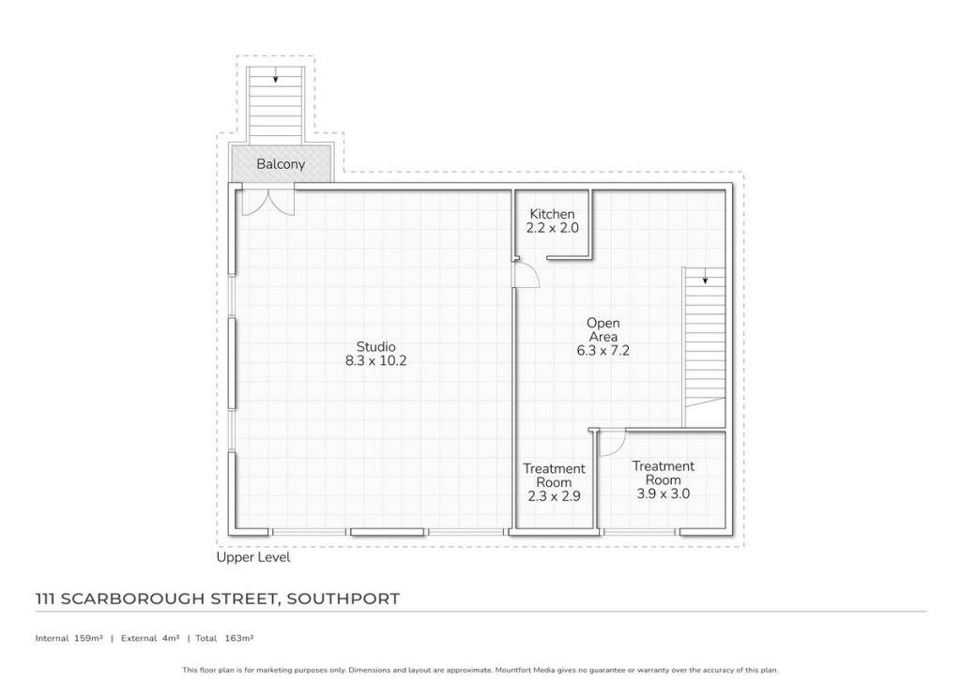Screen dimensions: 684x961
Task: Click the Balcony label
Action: (x=281, y=164)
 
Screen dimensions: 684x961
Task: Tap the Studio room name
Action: (x=375, y=346)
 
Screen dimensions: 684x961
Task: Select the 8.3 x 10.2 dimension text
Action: (x=375, y=360)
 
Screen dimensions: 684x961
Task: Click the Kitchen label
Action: (x=552, y=214)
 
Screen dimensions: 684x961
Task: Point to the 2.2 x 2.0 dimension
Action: (x=552, y=228)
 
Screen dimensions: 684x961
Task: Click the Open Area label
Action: (x=603, y=330)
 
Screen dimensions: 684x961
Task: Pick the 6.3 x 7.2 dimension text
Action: (x=603, y=351)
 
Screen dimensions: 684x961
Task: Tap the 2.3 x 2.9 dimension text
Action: (x=554, y=496)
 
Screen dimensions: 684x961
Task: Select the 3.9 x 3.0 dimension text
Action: (x=663, y=494)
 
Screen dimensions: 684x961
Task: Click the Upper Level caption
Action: (x=253, y=557)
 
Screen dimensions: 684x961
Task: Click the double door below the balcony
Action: (x=267, y=201)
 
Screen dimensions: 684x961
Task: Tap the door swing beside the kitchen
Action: (x=526, y=275)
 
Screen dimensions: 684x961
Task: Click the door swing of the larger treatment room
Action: (x=611, y=443)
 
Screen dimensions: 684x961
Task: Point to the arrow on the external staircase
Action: (x=275, y=79)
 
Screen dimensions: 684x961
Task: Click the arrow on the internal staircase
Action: (x=705, y=279)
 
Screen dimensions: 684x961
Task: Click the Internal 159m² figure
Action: (x=69, y=638)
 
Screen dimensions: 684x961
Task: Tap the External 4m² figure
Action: (x=150, y=638)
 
